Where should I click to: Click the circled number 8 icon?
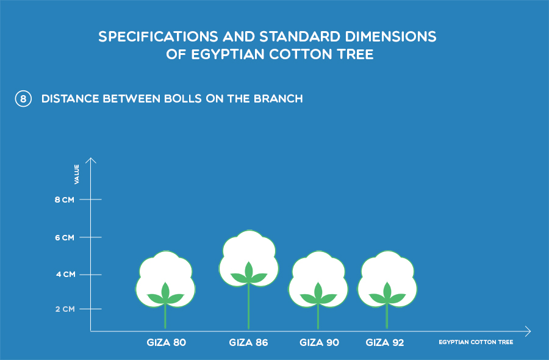click(x=23, y=99)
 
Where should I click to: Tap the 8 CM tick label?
click(x=65, y=200)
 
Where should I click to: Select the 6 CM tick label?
click(x=65, y=238)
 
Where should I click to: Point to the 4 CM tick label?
click(x=65, y=275)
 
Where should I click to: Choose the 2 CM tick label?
click(x=65, y=309)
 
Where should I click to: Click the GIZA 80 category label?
click(x=167, y=342)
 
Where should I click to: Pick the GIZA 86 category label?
click(x=249, y=342)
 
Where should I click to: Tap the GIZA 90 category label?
click(x=319, y=342)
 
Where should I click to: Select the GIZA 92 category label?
click(x=385, y=342)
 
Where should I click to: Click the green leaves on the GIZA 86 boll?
click(x=249, y=274)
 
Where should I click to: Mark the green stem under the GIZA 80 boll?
click(x=165, y=316)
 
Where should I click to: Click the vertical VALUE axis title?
click(x=77, y=174)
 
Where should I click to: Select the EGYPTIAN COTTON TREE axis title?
click(x=476, y=342)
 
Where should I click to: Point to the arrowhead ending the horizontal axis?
click(x=528, y=331)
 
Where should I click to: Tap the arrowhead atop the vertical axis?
click(x=91, y=160)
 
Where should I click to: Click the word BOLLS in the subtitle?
click(x=183, y=99)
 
